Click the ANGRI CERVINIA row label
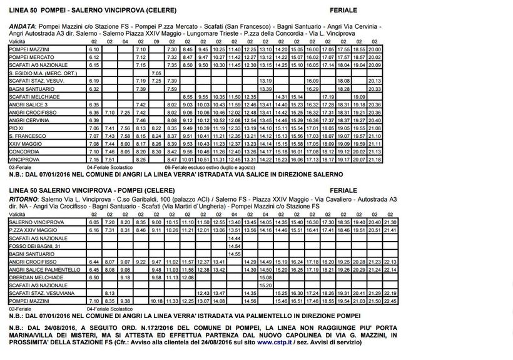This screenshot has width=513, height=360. pos(29,120)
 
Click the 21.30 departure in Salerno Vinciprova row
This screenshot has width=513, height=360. pos(389,222)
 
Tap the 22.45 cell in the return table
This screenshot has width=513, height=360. pos(389,301)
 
